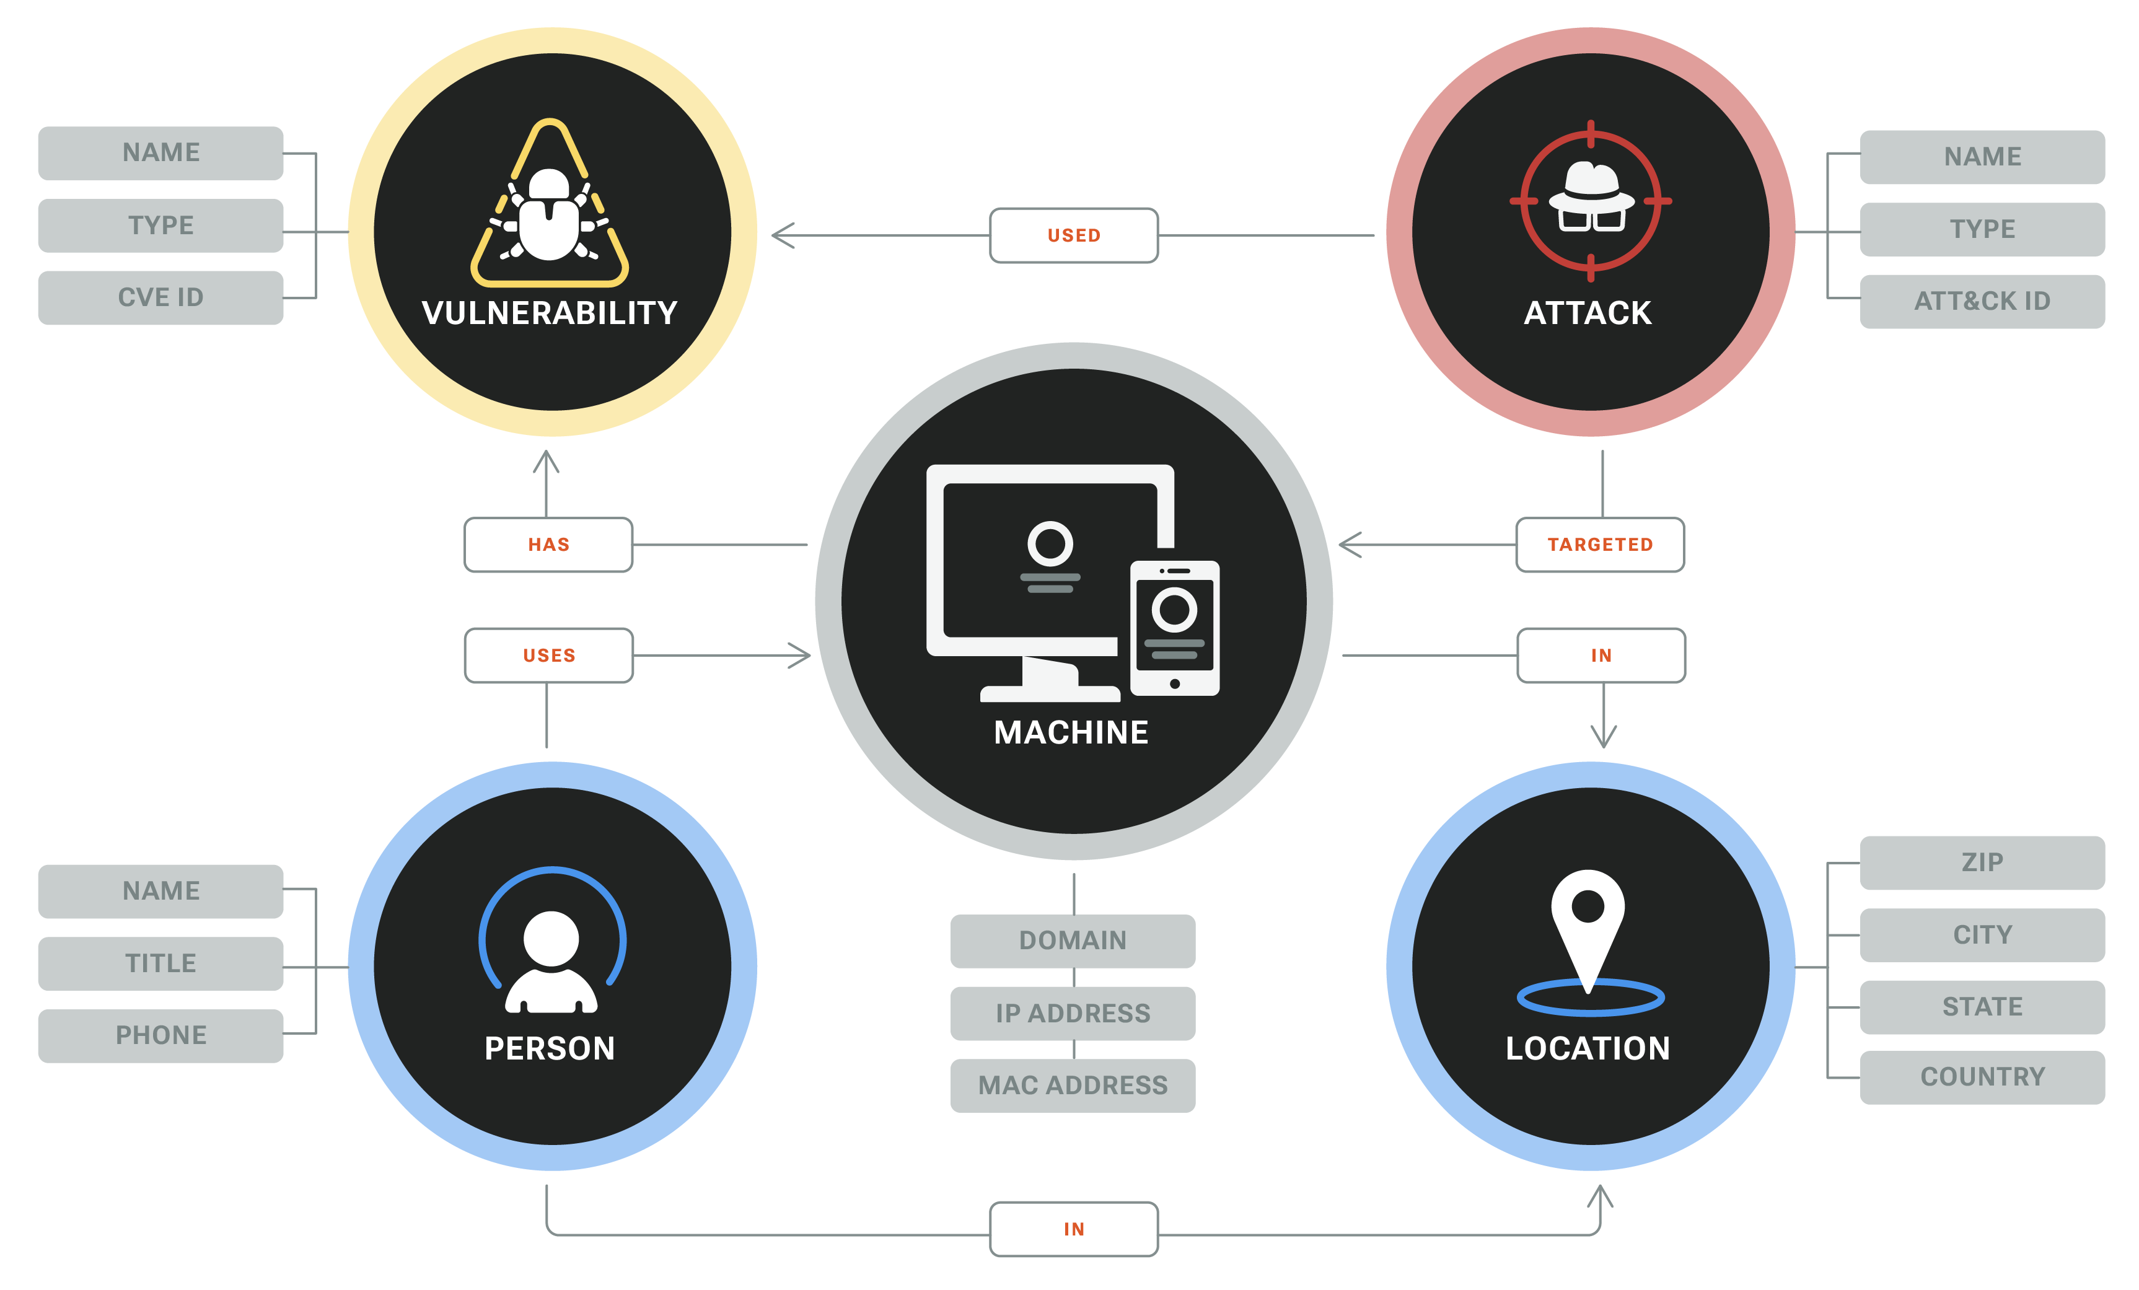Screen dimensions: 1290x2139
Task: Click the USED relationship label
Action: point(1074,235)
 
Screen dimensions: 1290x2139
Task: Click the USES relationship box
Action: point(548,656)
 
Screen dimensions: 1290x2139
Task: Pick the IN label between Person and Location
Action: point(1074,1229)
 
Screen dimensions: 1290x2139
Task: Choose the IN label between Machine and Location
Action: point(1601,656)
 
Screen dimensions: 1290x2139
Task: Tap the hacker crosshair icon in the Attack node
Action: point(1591,201)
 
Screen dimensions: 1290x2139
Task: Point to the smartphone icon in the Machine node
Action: point(1175,628)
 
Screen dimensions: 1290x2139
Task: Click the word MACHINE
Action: point(1071,733)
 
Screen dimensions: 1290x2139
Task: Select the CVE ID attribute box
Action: point(160,298)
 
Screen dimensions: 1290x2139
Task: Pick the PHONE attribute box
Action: point(160,1035)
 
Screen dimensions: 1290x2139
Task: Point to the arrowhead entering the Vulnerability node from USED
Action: point(780,235)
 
